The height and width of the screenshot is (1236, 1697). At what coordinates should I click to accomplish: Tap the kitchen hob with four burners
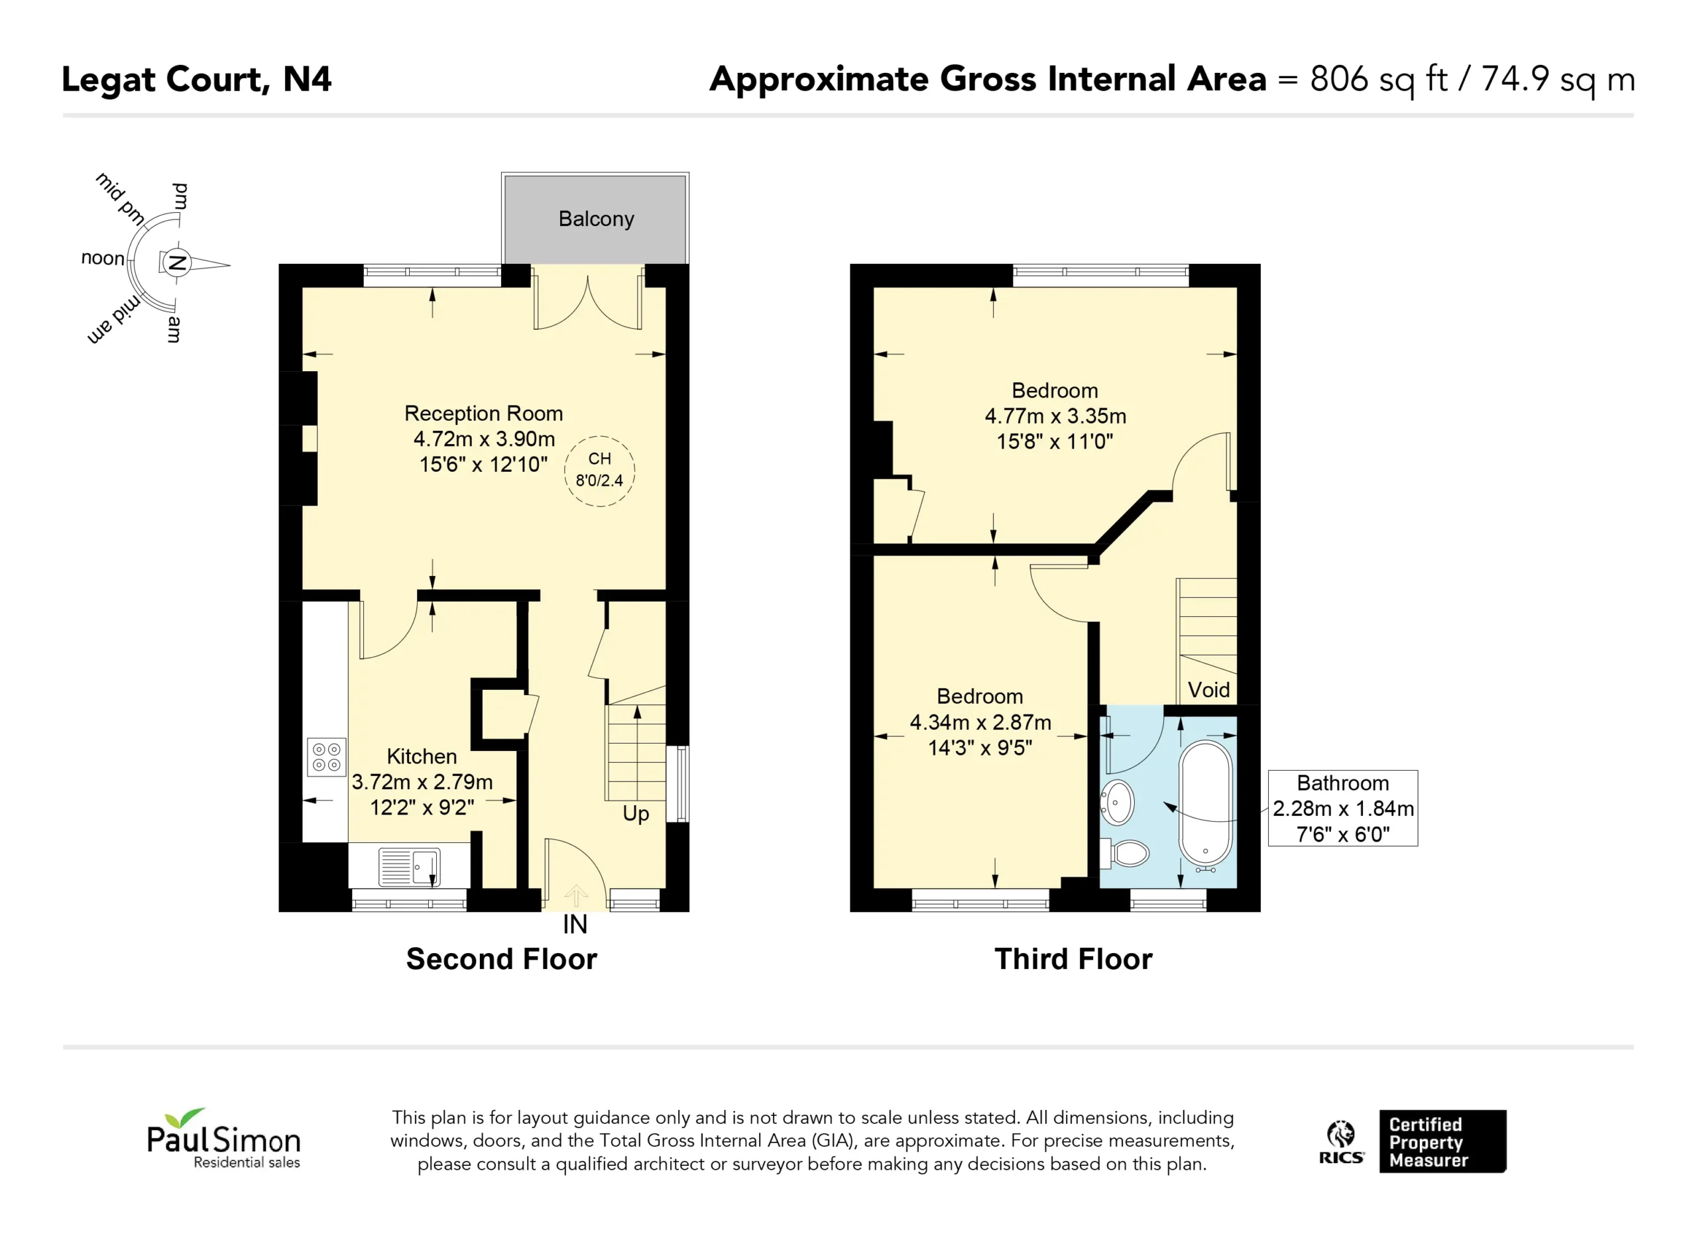point(326,756)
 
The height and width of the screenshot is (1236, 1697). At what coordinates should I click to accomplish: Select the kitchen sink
point(409,867)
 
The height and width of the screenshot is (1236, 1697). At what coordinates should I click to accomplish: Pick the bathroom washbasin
point(1117,802)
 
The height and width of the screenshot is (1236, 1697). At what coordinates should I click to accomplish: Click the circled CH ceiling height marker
point(599,471)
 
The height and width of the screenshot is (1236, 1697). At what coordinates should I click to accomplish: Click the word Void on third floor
point(1208,689)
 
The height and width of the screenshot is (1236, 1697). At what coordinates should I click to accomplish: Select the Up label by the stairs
point(636,813)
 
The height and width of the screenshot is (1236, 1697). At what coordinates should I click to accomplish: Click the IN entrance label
point(575,925)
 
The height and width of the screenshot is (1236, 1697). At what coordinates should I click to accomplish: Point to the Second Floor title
point(501,959)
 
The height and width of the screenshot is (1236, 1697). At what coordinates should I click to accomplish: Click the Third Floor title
point(1073,959)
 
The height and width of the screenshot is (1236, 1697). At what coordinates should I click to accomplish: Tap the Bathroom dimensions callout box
point(1342,808)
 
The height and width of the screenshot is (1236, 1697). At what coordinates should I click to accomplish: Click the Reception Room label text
point(483,413)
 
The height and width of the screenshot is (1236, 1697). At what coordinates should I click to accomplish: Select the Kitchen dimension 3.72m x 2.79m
point(422,782)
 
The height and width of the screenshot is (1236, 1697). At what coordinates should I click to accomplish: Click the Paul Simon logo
point(223,1138)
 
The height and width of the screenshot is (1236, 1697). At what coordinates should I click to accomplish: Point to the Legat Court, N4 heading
point(196,80)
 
